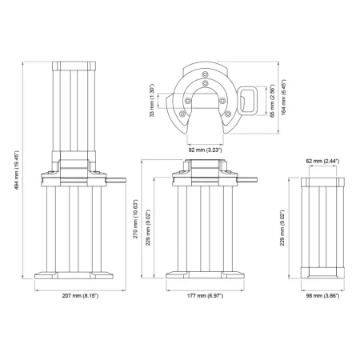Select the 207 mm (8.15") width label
tap(79, 296)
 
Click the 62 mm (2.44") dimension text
tap(322, 162)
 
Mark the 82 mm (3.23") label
tap(205, 149)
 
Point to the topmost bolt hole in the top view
tap(206, 82)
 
